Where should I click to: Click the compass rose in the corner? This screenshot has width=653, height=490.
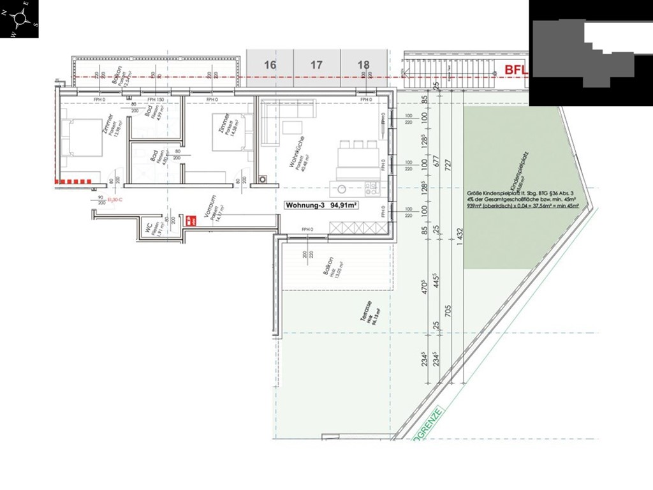tap(19, 19)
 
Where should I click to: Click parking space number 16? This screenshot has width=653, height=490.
tap(270, 65)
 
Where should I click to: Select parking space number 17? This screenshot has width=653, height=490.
tap(316, 65)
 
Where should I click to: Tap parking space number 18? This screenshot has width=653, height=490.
tap(363, 65)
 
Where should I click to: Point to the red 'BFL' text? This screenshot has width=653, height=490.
tap(517, 70)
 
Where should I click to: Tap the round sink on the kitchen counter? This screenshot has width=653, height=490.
tap(342, 188)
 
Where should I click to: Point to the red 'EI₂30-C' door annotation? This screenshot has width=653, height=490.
tap(115, 200)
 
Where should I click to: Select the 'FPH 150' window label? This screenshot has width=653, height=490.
tap(156, 100)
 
